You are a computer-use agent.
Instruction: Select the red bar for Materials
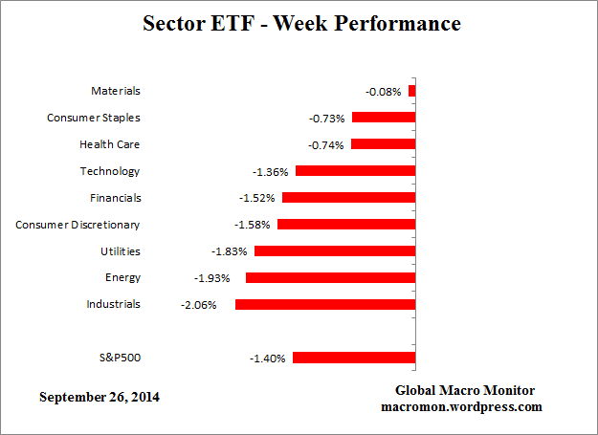411,91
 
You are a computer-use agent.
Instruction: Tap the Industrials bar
324,304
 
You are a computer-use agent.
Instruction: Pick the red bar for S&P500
353,358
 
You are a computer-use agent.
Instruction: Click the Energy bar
330,277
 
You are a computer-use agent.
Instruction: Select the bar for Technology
355,171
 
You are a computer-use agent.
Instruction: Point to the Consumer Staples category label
94,118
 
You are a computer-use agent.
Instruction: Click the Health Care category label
110,144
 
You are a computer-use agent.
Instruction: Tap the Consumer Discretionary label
78,225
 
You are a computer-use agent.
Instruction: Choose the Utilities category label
121,250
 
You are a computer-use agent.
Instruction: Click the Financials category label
115,198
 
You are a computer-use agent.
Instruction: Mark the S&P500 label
119,358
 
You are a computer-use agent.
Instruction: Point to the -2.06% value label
198,305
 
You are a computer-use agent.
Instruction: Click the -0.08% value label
383,92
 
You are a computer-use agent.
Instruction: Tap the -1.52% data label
256,199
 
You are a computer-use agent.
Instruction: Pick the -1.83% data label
229,251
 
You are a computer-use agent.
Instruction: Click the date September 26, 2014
100,397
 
